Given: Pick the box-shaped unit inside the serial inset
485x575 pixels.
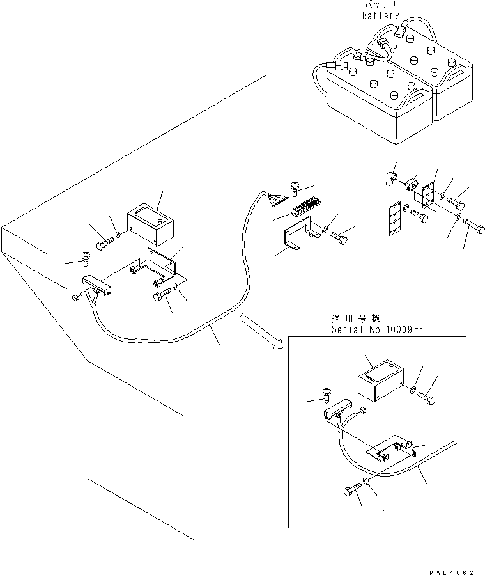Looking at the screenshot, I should click(378, 386).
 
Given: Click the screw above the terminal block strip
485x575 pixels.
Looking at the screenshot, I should click(295, 188).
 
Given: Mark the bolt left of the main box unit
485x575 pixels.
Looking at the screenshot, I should click(104, 245).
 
